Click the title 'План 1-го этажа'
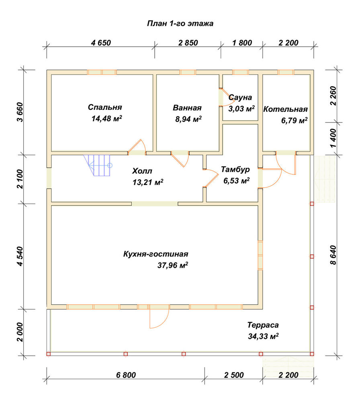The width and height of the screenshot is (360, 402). click(180, 24)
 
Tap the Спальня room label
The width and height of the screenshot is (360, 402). click(105, 107)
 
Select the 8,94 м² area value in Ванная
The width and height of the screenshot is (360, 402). click(188, 119)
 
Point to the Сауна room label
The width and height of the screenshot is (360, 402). click(240, 97)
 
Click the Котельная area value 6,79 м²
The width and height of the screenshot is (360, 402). click(295, 120)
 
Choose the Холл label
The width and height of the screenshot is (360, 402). click(142, 171)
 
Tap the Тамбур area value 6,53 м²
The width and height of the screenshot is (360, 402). click(237, 181)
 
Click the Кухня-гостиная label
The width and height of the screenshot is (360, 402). click(156, 254)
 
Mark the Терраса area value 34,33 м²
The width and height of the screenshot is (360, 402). click(263, 336)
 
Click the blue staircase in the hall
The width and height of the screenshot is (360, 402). click(99, 165)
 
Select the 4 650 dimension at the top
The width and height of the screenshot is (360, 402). click(101, 43)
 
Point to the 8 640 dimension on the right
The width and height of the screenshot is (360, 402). click(333, 255)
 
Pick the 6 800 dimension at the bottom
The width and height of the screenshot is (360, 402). click(126, 375)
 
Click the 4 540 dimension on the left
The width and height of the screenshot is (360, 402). click(20, 256)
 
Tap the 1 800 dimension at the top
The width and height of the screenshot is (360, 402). click(242, 43)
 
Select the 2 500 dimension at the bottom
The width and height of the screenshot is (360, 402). click(234, 375)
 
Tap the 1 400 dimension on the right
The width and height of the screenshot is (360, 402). click(333, 138)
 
